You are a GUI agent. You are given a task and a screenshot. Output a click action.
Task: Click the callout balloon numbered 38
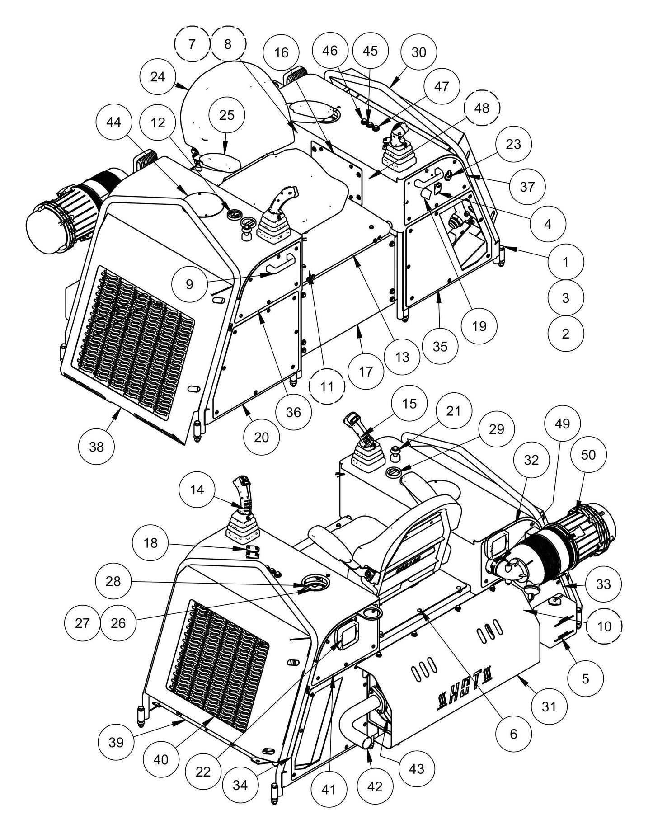(96, 447)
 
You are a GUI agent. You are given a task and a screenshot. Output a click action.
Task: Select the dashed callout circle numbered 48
(482, 108)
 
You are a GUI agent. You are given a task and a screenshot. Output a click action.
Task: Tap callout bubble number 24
(158, 77)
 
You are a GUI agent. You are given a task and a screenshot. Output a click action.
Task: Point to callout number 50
(588, 455)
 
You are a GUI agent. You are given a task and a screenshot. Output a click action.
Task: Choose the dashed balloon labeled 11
(327, 386)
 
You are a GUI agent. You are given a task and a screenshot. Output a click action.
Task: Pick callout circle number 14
(197, 490)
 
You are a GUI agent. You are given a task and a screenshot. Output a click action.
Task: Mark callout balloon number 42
(375, 786)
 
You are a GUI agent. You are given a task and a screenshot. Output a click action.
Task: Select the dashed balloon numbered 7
(192, 44)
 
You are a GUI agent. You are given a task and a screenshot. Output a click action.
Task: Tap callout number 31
(548, 706)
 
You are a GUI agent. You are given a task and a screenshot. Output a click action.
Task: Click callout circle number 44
(114, 122)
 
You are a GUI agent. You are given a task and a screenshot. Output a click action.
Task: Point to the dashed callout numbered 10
(604, 626)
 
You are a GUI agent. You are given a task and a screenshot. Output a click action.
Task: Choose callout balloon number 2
(565, 334)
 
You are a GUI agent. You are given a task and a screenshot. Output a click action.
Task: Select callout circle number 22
(203, 772)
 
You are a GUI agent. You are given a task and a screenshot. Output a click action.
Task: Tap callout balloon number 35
(440, 346)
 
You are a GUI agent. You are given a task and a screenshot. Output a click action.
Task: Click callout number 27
(82, 623)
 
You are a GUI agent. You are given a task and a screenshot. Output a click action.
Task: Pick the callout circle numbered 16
(281, 53)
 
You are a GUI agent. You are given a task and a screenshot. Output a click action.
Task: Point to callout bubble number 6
(513, 734)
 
